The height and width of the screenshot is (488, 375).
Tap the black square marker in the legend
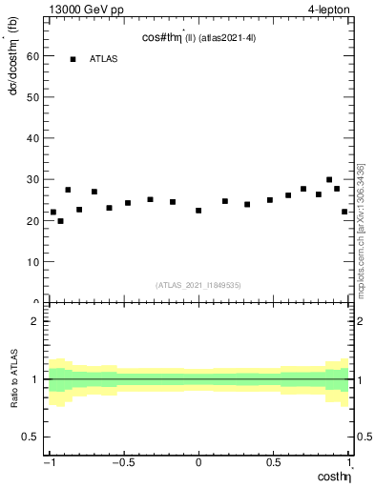[x=73, y=59]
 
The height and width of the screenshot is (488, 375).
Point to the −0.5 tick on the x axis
[x=122, y=463]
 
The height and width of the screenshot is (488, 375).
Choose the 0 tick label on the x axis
[x=198, y=463]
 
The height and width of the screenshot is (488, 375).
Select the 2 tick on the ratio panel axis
[x=36, y=321]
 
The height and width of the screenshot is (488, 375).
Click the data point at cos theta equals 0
[x=198, y=210]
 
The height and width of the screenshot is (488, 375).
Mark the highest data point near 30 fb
[x=329, y=179]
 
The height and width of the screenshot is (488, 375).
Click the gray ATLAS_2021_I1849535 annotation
[x=198, y=284]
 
